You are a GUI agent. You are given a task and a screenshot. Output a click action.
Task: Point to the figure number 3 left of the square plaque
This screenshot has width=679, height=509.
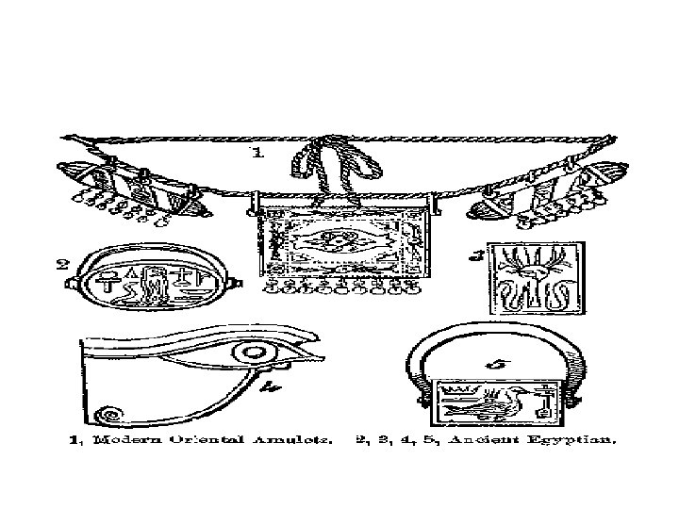479,254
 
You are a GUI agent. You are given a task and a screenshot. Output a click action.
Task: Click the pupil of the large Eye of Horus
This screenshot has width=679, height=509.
252,354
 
